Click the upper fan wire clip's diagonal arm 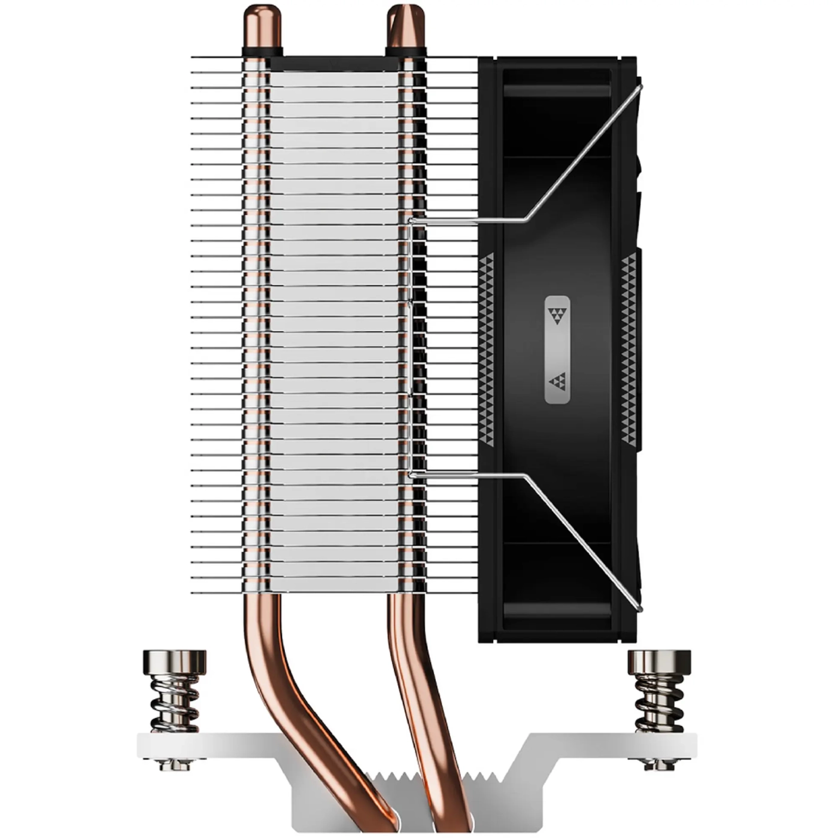coord(584,153)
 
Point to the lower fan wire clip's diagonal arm coord(584,542)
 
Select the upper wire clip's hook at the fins coord(412,221)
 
